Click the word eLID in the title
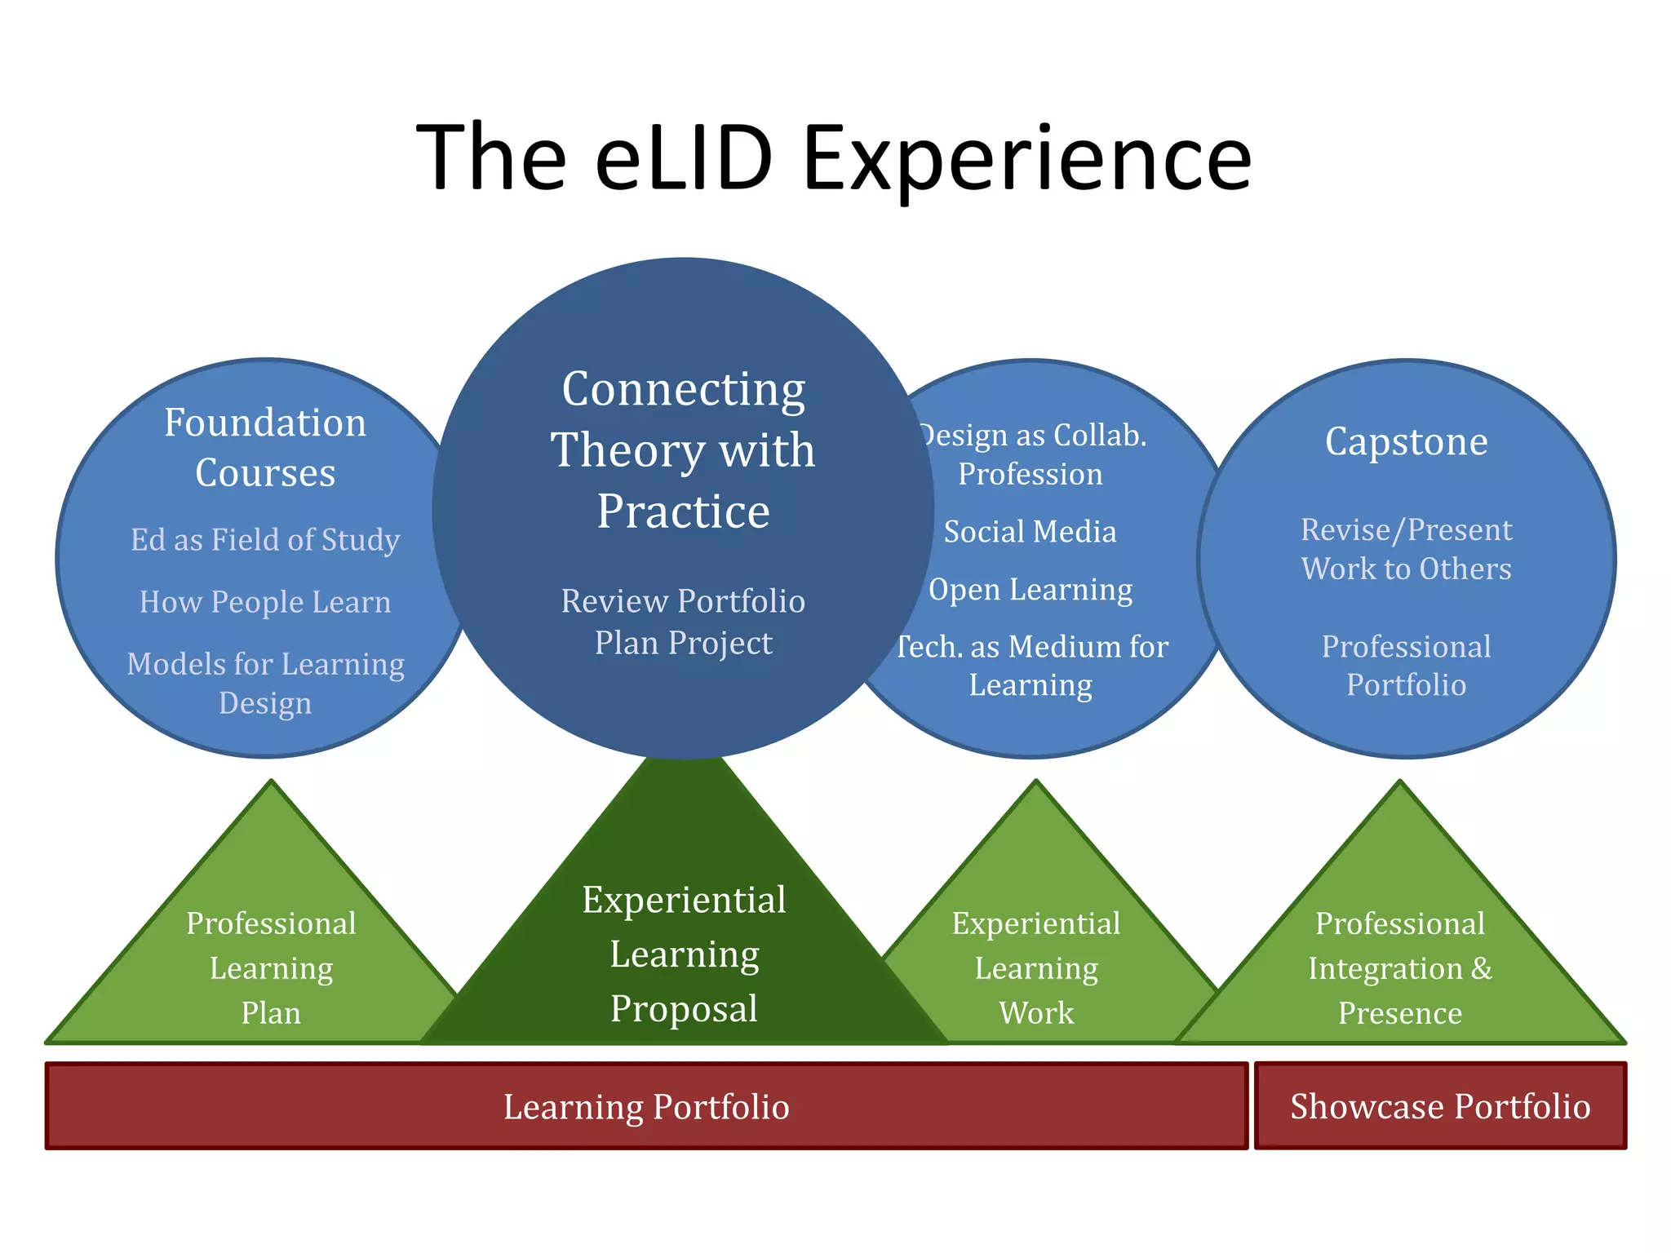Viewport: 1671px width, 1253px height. click(x=684, y=157)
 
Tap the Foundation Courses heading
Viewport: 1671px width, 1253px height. click(x=265, y=447)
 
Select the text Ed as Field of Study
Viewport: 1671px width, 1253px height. click(x=265, y=539)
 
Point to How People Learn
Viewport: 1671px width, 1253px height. click(x=265, y=602)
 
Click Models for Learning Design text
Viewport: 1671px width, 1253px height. click(x=265, y=683)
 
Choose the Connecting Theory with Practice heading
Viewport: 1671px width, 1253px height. click(x=683, y=449)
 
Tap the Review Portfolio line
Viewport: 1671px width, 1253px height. click(x=683, y=601)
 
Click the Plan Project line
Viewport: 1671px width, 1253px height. click(x=683, y=643)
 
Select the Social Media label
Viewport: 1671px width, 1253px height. click(x=1030, y=532)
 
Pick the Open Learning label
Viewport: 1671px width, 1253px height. click(x=1031, y=589)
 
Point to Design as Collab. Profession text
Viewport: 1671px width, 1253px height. click(x=1031, y=454)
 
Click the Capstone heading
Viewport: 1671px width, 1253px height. click(x=1406, y=441)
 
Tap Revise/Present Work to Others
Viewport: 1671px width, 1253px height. click(x=1406, y=549)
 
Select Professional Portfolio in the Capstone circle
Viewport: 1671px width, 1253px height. click(x=1406, y=665)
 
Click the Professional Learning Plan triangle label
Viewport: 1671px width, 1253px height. click(x=271, y=967)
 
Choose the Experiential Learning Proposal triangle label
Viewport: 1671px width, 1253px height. click(x=684, y=954)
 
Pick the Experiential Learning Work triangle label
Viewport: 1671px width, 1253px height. click(x=1036, y=967)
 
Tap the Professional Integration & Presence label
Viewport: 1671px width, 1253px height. click(x=1400, y=967)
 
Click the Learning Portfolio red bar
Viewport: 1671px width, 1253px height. click(x=646, y=1107)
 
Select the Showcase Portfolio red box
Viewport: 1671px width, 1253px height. click(x=1440, y=1107)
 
